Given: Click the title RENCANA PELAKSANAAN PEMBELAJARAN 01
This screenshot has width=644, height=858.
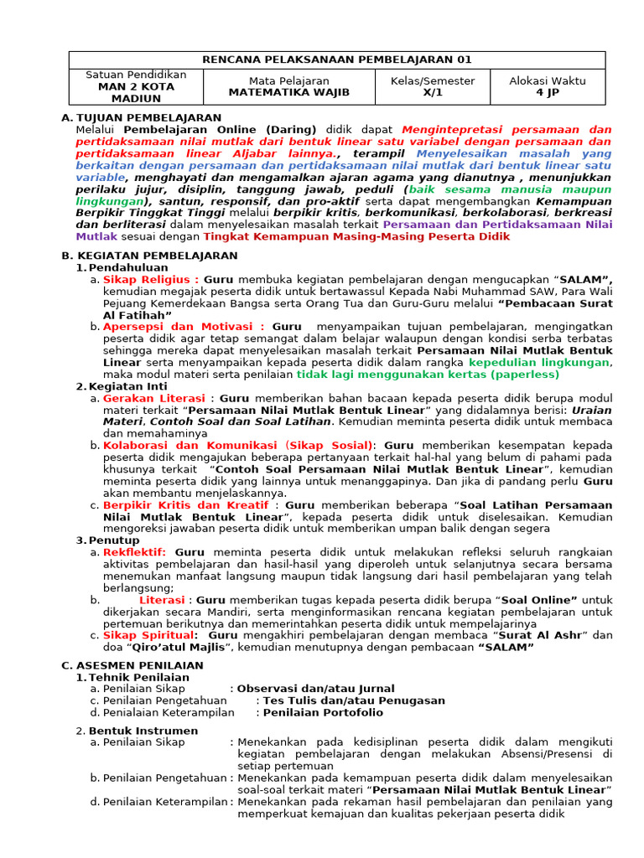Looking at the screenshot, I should (x=337, y=59).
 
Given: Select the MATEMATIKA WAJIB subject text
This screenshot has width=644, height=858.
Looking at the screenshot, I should (x=289, y=92).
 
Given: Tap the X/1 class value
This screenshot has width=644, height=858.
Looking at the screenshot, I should (x=432, y=92).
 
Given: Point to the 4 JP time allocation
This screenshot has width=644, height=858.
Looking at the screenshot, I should (x=548, y=92).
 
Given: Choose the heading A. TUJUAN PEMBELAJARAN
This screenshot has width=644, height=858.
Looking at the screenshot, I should (x=142, y=118).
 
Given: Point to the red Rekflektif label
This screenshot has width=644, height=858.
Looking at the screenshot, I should (x=135, y=552).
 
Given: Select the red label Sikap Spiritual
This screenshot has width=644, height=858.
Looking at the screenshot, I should (x=149, y=635).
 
